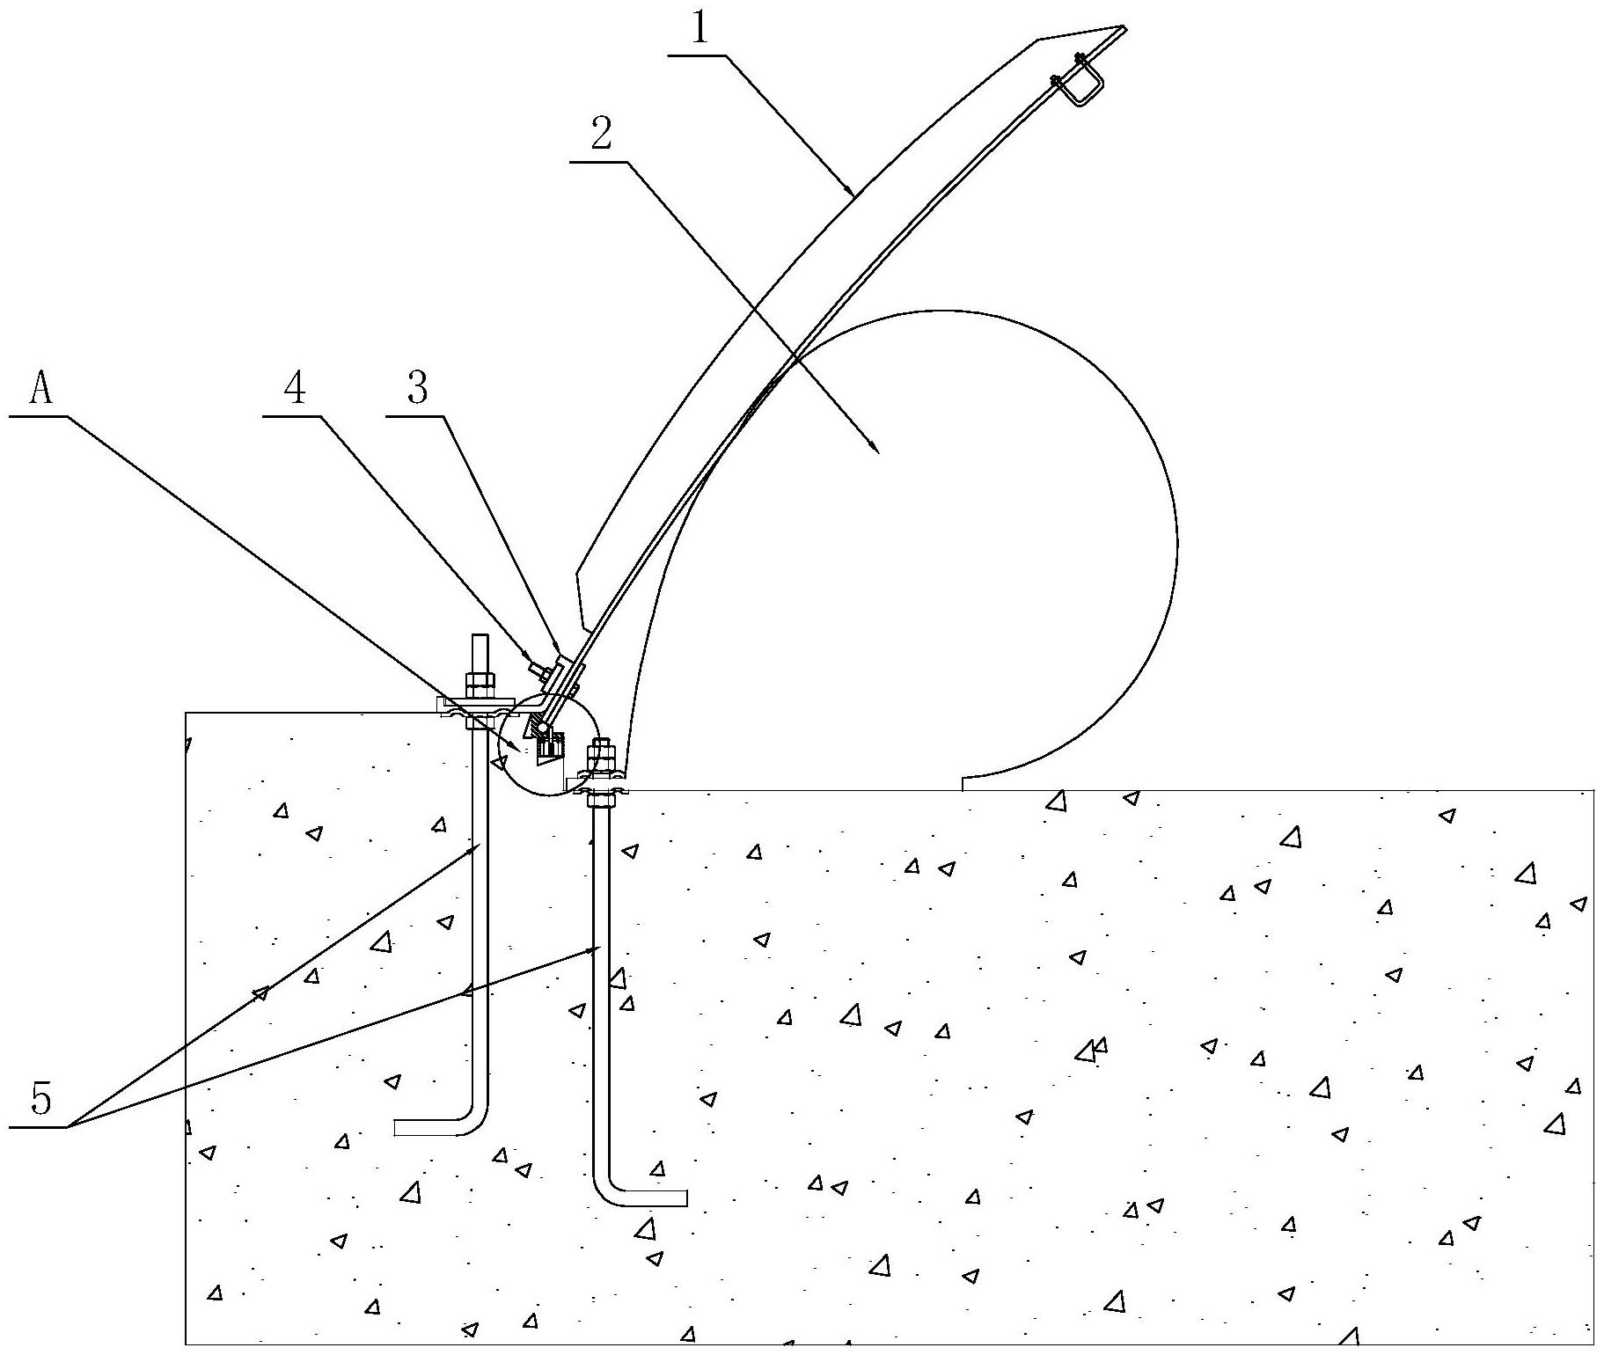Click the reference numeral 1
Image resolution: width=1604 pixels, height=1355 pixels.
pos(699,29)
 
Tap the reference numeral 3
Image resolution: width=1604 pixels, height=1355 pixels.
pos(418,387)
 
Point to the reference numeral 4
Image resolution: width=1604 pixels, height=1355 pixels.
pos(295,387)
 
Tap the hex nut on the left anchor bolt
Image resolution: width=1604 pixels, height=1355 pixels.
pos(479,683)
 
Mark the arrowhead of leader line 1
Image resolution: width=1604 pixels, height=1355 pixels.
pos(851,190)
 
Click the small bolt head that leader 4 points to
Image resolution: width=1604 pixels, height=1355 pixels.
pos(536,670)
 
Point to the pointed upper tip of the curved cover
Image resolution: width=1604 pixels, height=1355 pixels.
pos(1124,29)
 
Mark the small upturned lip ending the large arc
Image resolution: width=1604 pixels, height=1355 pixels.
pos(964,782)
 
